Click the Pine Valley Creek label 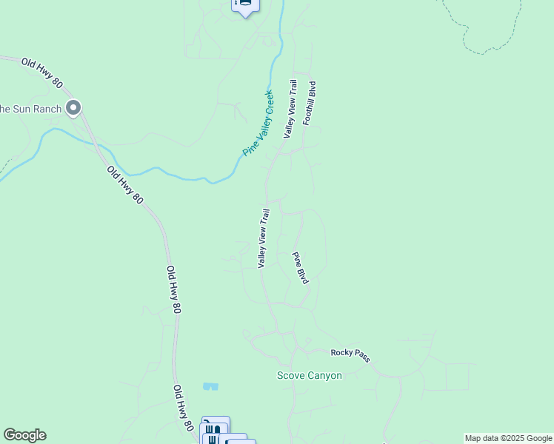258,123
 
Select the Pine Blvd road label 300,268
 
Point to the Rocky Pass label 350,355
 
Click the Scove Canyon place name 310,376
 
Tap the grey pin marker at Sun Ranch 73,109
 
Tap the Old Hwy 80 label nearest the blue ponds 183,407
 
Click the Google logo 24,435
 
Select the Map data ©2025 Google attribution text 509,438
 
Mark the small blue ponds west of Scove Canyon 210,386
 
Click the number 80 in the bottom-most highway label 188,425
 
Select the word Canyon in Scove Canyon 326,376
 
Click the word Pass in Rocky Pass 361,358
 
